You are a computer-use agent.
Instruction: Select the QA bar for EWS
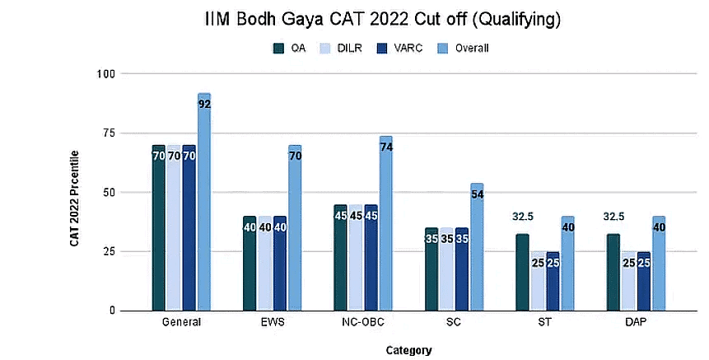coord(250,263)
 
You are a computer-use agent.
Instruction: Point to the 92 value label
coord(204,105)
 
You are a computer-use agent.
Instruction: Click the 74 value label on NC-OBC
coord(386,147)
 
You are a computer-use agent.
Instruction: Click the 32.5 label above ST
coord(522,217)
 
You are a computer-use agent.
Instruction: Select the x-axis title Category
coord(408,350)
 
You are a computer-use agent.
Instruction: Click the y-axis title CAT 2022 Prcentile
coord(75,199)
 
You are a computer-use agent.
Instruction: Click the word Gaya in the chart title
coord(304,18)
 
